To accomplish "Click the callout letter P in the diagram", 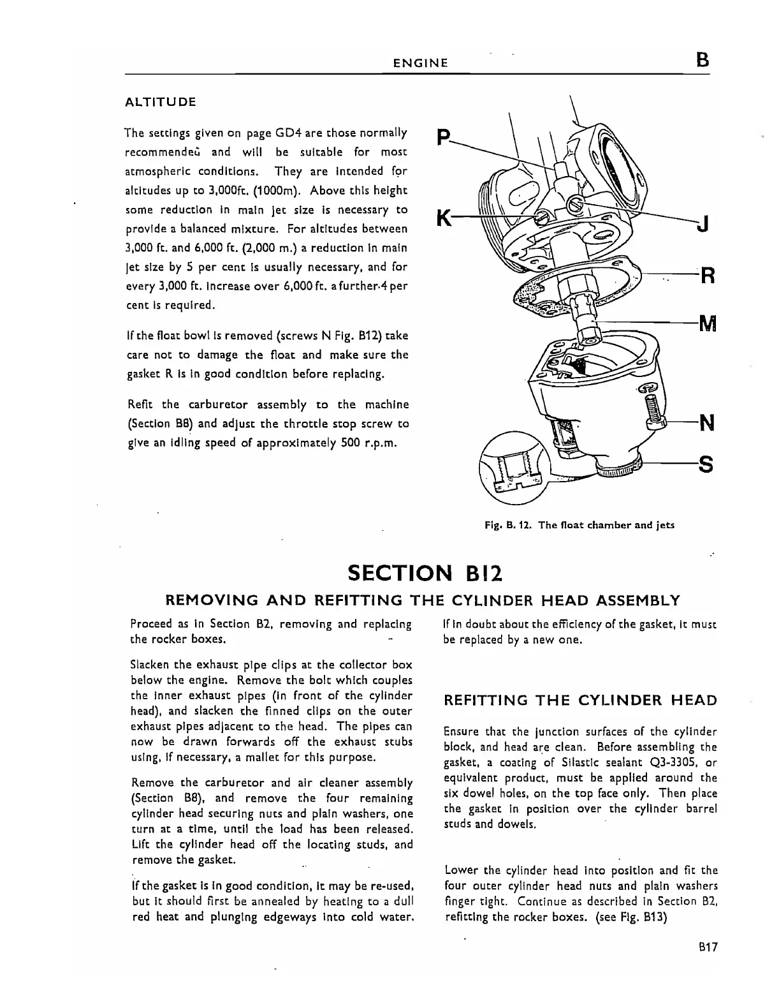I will click(x=444, y=137).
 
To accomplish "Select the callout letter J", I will click(x=702, y=225).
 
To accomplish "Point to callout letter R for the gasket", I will click(x=708, y=277).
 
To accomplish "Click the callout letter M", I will click(x=708, y=324).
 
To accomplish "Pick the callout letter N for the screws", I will click(x=706, y=423).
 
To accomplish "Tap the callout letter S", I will click(x=706, y=466).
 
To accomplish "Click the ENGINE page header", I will click(x=420, y=63).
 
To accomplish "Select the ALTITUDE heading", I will click(x=160, y=102).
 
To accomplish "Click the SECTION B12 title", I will click(x=426, y=572).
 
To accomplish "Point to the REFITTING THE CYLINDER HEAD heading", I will click(x=580, y=700).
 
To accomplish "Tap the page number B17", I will click(x=708, y=947).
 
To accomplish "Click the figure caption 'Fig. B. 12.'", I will click(x=508, y=525).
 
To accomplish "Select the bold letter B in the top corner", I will click(x=703, y=61).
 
